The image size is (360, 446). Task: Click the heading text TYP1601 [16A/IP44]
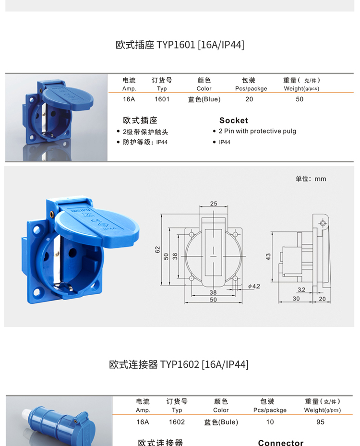[x=200, y=45]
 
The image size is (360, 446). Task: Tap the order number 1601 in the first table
[x=162, y=99]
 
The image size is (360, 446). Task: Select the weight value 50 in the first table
[x=300, y=99]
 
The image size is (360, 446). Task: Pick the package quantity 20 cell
[x=249, y=99]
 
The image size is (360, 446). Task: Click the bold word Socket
[x=233, y=121]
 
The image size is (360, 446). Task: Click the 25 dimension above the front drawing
[x=214, y=204]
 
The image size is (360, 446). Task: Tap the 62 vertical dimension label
[x=157, y=250]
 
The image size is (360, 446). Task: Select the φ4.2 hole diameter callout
[x=254, y=286]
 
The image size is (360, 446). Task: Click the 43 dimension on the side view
[x=268, y=256]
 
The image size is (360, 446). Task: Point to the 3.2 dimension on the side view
[x=301, y=289]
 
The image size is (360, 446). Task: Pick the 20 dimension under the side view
[x=322, y=299]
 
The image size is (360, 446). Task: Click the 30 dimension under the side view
[x=296, y=299]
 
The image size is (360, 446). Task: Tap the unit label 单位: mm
[x=311, y=179]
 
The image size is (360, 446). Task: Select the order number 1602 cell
[x=177, y=422]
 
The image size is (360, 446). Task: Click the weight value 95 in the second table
[x=320, y=422]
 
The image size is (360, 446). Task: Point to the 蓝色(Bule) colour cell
[x=221, y=422]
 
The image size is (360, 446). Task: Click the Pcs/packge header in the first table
[x=251, y=88]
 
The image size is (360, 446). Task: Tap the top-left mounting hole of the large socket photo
[x=36, y=229]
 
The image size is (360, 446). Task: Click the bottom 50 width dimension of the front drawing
[x=213, y=300]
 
